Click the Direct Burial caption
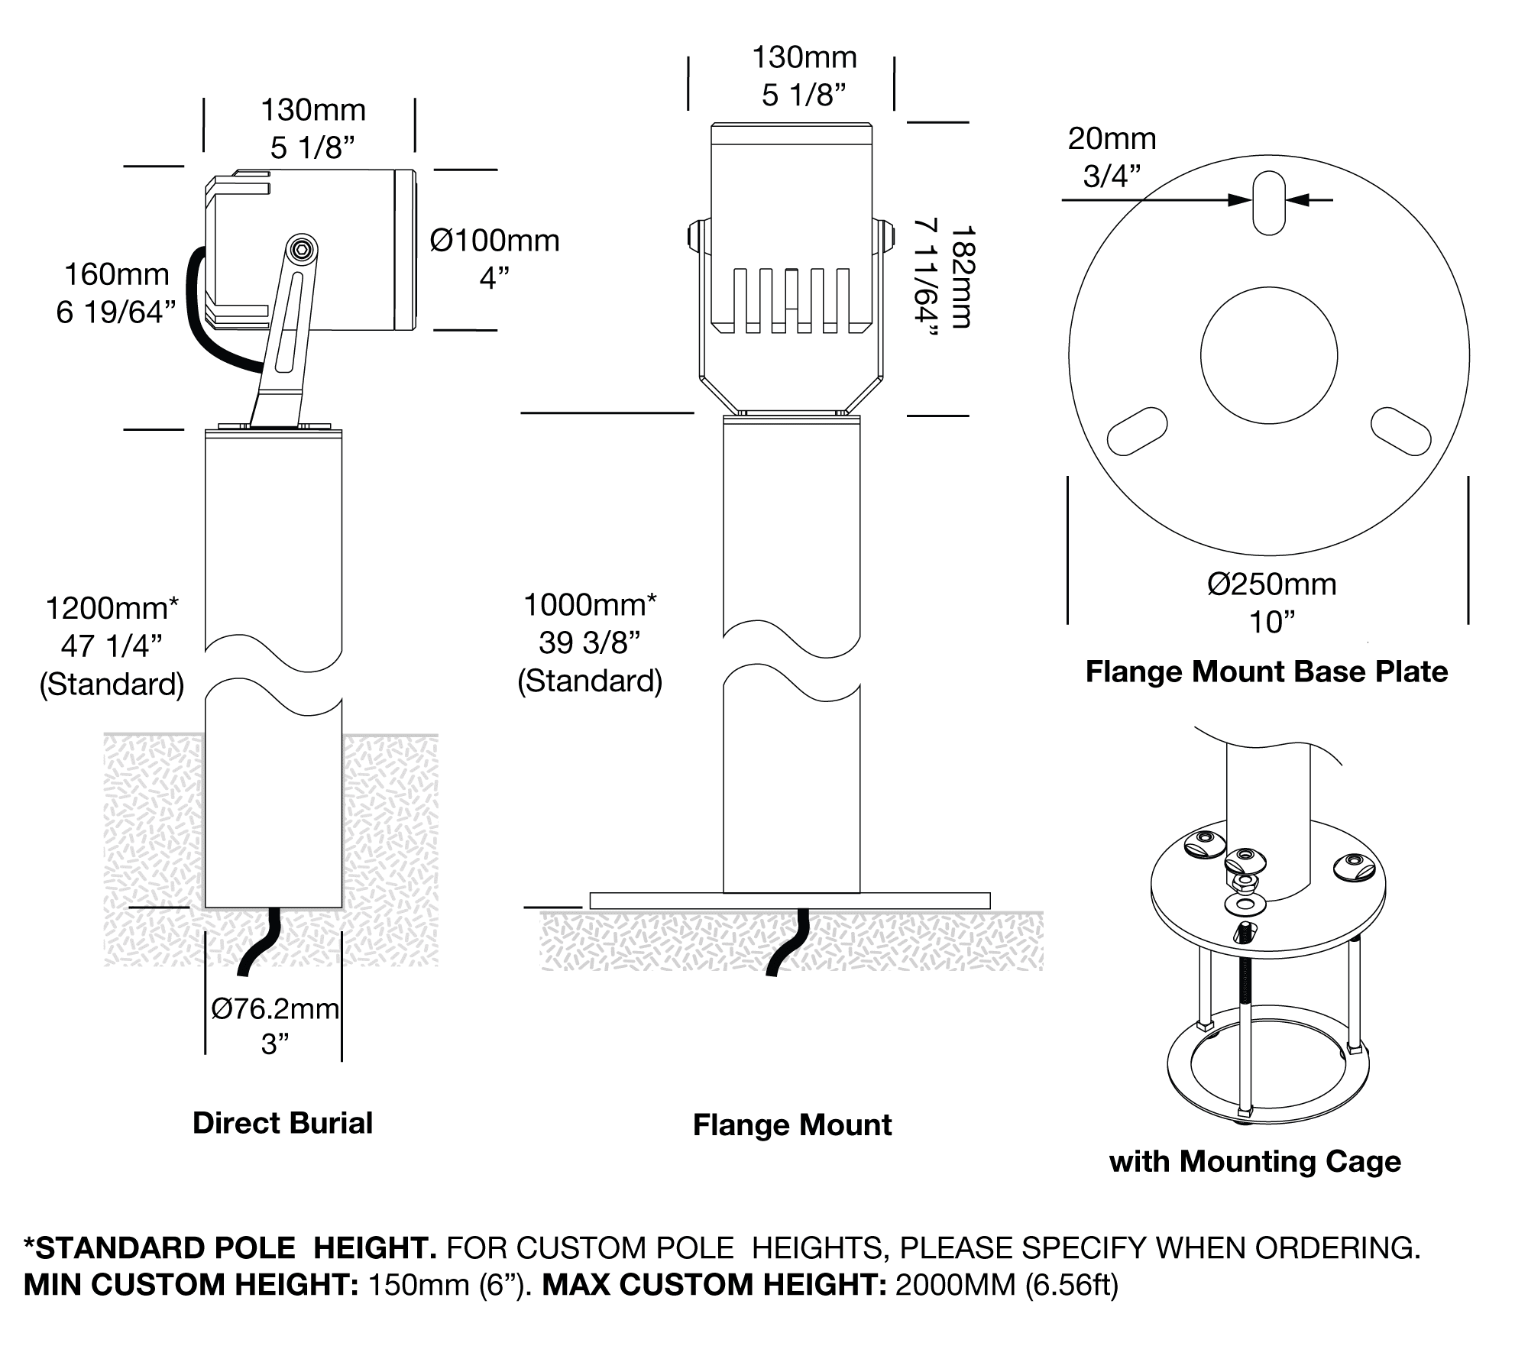[x=283, y=1123]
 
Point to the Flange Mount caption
[x=792, y=1125]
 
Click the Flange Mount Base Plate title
[x=1267, y=672]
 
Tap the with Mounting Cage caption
[x=1255, y=1162]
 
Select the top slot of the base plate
[x=1269, y=203]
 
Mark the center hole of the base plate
[x=1269, y=355]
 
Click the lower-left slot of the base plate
[x=1137, y=432]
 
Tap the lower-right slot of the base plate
[x=1401, y=432]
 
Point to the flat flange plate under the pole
[x=790, y=901]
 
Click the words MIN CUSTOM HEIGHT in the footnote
[x=191, y=1285]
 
